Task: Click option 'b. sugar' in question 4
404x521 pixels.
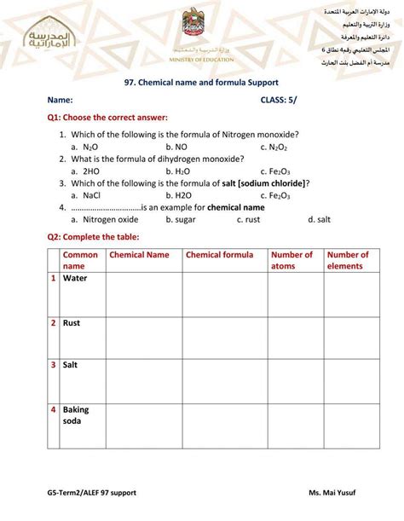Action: pyautogui.click(x=180, y=219)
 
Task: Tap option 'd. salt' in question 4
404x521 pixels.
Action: pyautogui.click(x=319, y=219)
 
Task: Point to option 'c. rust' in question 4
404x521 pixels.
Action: pyautogui.click(x=248, y=219)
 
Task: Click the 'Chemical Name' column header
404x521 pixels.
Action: pyautogui.click(x=140, y=255)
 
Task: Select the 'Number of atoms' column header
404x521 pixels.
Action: pyautogui.click(x=291, y=260)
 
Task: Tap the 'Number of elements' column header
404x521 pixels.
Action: pyautogui.click(x=348, y=260)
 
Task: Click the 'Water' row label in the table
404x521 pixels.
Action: pyautogui.click(x=75, y=278)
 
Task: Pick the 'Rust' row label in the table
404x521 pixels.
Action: pyautogui.click(x=72, y=323)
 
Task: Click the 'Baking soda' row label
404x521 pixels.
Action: pyautogui.click(x=76, y=415)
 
